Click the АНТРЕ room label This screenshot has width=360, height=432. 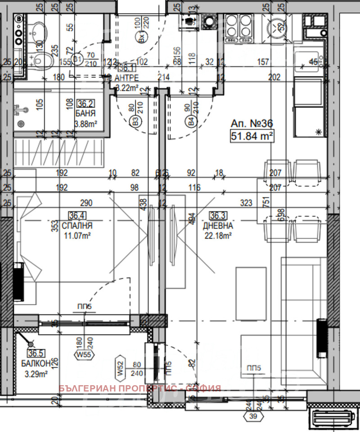tap(129, 76)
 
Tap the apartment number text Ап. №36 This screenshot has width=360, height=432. tap(252, 123)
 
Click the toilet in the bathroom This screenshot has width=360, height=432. tap(42, 58)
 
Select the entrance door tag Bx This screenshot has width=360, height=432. tap(142, 39)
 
